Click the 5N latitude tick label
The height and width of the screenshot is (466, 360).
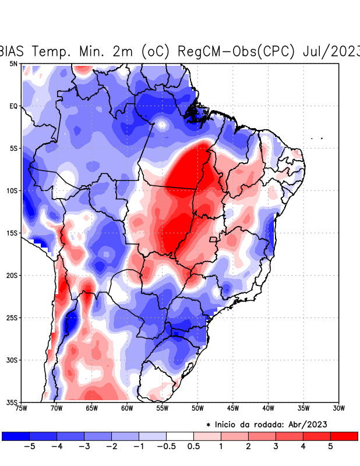(13, 63)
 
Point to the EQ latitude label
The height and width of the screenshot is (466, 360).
(13, 106)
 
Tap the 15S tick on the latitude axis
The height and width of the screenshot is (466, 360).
(12, 233)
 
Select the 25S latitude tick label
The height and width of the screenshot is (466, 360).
(12, 317)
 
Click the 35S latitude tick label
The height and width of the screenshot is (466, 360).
(12, 402)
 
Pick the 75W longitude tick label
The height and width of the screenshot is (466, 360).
(22, 408)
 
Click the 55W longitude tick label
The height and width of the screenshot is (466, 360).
(163, 408)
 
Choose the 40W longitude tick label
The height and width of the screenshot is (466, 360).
(269, 408)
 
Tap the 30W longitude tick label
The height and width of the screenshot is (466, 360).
(339, 408)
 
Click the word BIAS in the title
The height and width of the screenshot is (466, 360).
(15, 51)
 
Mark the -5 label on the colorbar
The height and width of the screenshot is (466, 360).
(29, 446)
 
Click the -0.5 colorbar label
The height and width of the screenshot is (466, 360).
(166, 446)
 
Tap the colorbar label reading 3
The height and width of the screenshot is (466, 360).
(276, 446)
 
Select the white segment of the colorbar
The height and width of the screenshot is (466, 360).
(180, 436)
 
